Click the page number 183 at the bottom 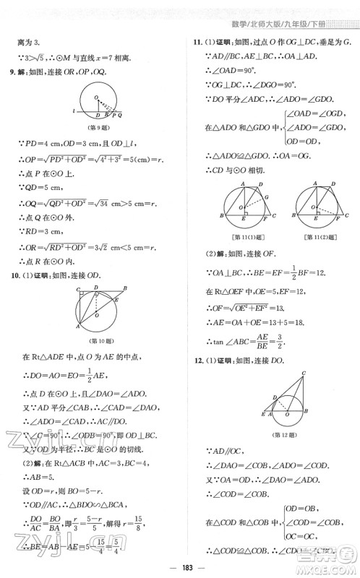tap(179, 566)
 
